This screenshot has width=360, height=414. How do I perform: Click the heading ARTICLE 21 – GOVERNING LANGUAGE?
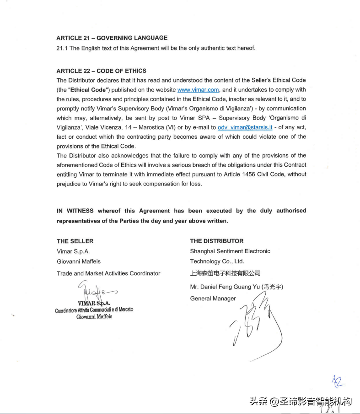coord(112,38)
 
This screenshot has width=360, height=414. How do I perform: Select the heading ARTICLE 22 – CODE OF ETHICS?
coord(102,71)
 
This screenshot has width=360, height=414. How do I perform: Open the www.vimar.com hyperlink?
coord(198,90)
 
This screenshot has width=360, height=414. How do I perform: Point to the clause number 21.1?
coord(62,48)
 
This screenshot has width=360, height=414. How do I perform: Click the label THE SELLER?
coord(75,241)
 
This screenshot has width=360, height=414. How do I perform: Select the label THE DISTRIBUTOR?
coord(217,241)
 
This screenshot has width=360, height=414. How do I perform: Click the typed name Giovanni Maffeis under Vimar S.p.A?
coord(79,261)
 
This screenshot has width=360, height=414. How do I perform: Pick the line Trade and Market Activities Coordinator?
coord(108,273)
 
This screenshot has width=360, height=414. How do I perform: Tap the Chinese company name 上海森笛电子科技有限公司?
coord(226,273)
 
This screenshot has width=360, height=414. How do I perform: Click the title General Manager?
coord(213,299)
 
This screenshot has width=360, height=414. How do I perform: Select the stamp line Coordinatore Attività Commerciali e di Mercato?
coord(94,310)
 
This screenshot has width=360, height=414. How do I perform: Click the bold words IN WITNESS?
coord(75,211)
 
